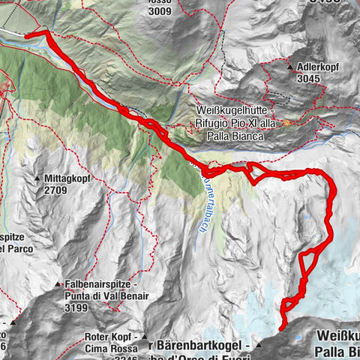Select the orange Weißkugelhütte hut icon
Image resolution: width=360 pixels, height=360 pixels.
coord(286,123)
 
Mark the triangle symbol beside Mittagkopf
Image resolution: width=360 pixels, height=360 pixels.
coord(37,178)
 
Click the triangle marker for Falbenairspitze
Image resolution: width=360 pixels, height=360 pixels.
coord(58,285)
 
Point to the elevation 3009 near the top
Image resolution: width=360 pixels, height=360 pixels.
coord(160,11)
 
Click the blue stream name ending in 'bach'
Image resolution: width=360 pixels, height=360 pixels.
coord(204,206)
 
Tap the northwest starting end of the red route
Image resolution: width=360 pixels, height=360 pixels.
coord(27,34)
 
